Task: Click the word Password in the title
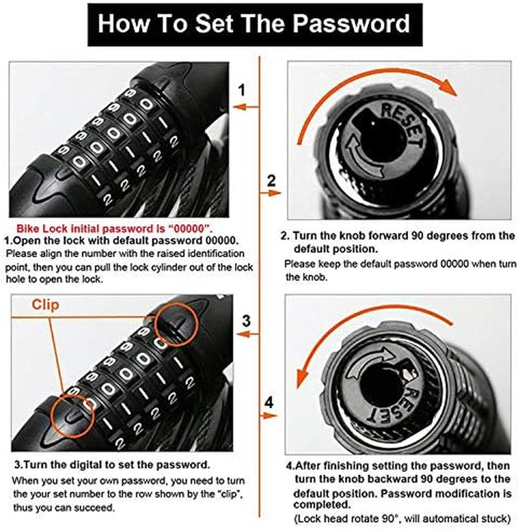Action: [351, 23]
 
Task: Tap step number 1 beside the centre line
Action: [241, 90]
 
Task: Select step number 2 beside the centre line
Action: [272, 181]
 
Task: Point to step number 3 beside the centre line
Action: [247, 321]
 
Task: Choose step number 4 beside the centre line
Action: [269, 402]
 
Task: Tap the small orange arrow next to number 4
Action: [269, 415]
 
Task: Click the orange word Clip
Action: [45, 305]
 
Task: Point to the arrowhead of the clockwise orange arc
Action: [449, 87]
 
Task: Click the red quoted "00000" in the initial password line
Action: [190, 229]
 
